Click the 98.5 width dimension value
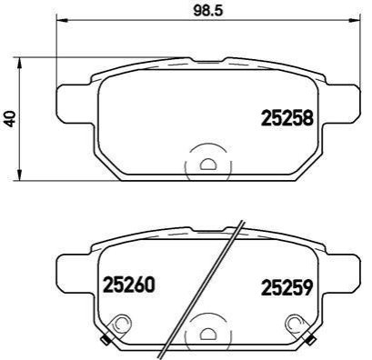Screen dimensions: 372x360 208,11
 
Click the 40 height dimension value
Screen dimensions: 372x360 11,119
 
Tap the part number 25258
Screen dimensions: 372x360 287,118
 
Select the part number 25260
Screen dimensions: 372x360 129,285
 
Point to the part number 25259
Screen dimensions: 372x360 287,287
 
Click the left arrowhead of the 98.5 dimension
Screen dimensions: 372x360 62,21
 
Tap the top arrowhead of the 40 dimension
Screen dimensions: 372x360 19,64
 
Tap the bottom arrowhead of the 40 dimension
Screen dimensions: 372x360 19,175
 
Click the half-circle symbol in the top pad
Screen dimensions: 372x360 208,164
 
